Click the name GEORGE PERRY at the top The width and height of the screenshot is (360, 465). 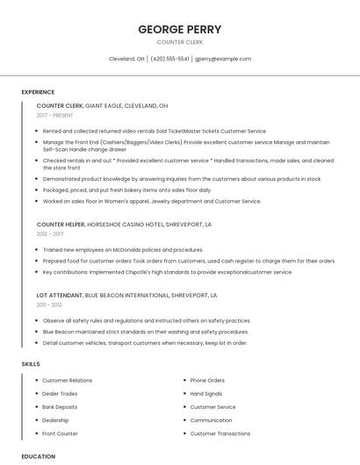point(179,29)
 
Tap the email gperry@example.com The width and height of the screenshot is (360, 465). point(223,59)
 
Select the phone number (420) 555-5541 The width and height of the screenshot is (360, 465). point(170,59)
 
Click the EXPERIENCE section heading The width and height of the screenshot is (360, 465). point(38,92)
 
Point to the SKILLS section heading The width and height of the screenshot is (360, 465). point(31,363)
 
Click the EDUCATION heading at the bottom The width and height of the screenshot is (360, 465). point(38,456)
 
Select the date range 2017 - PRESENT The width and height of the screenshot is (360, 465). point(54,115)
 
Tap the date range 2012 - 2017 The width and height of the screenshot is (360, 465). point(49,234)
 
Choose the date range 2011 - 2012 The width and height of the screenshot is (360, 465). point(49,305)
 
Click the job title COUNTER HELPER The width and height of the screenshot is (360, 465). point(61,225)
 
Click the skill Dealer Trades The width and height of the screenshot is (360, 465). point(60,394)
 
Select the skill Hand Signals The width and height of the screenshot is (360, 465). point(206,394)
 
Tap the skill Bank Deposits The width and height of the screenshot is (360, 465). point(60,407)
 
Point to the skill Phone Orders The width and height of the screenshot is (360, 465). point(207,381)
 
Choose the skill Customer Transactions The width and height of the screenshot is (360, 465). point(220,433)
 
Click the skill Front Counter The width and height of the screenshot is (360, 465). point(60,433)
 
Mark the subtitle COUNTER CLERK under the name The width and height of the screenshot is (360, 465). point(179,41)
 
